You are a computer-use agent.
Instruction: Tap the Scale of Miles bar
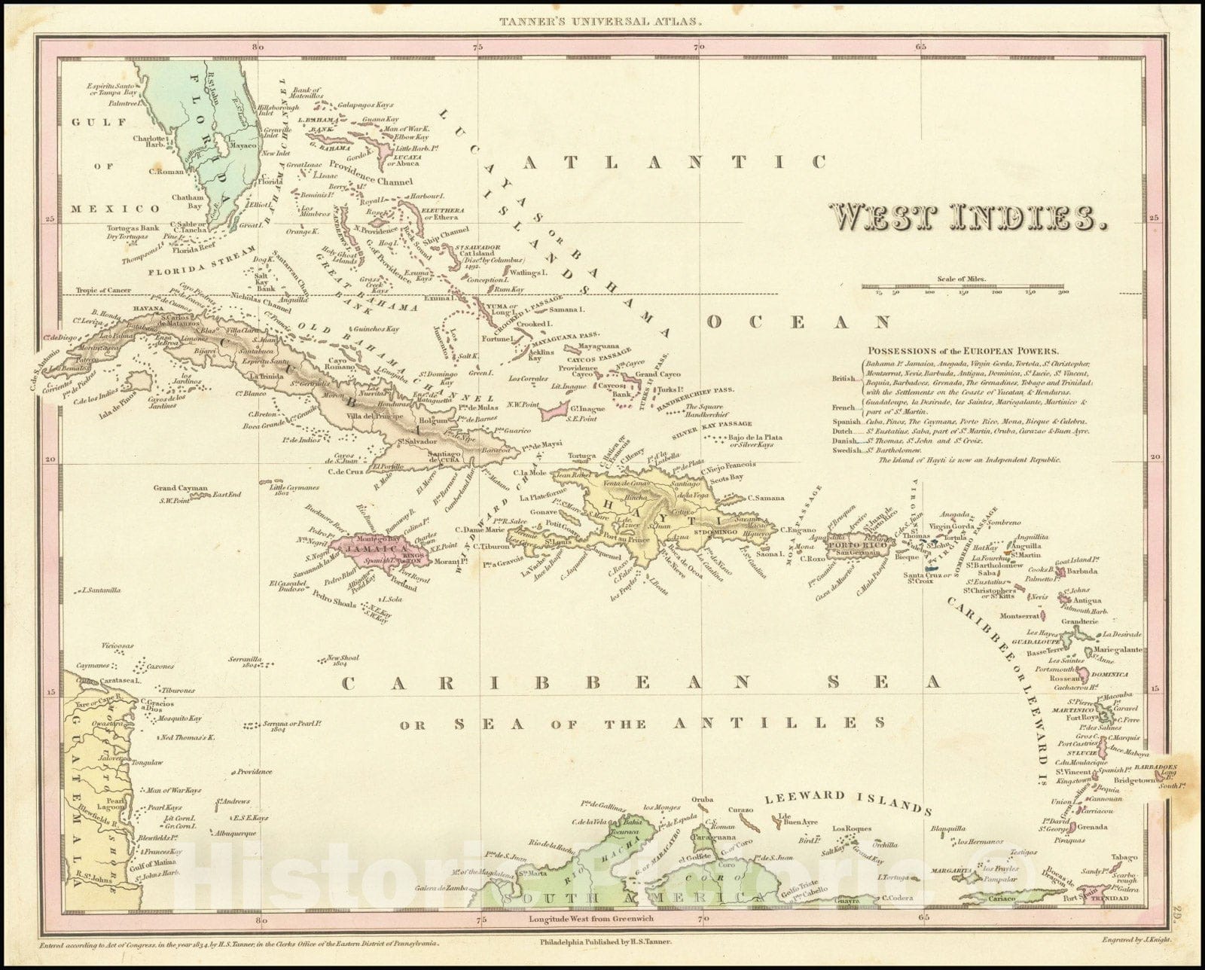point(965,287)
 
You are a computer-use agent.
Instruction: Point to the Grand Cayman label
point(180,488)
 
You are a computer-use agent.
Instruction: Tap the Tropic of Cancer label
point(103,290)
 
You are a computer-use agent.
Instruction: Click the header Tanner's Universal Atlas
point(601,22)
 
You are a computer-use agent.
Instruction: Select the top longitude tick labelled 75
point(478,47)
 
